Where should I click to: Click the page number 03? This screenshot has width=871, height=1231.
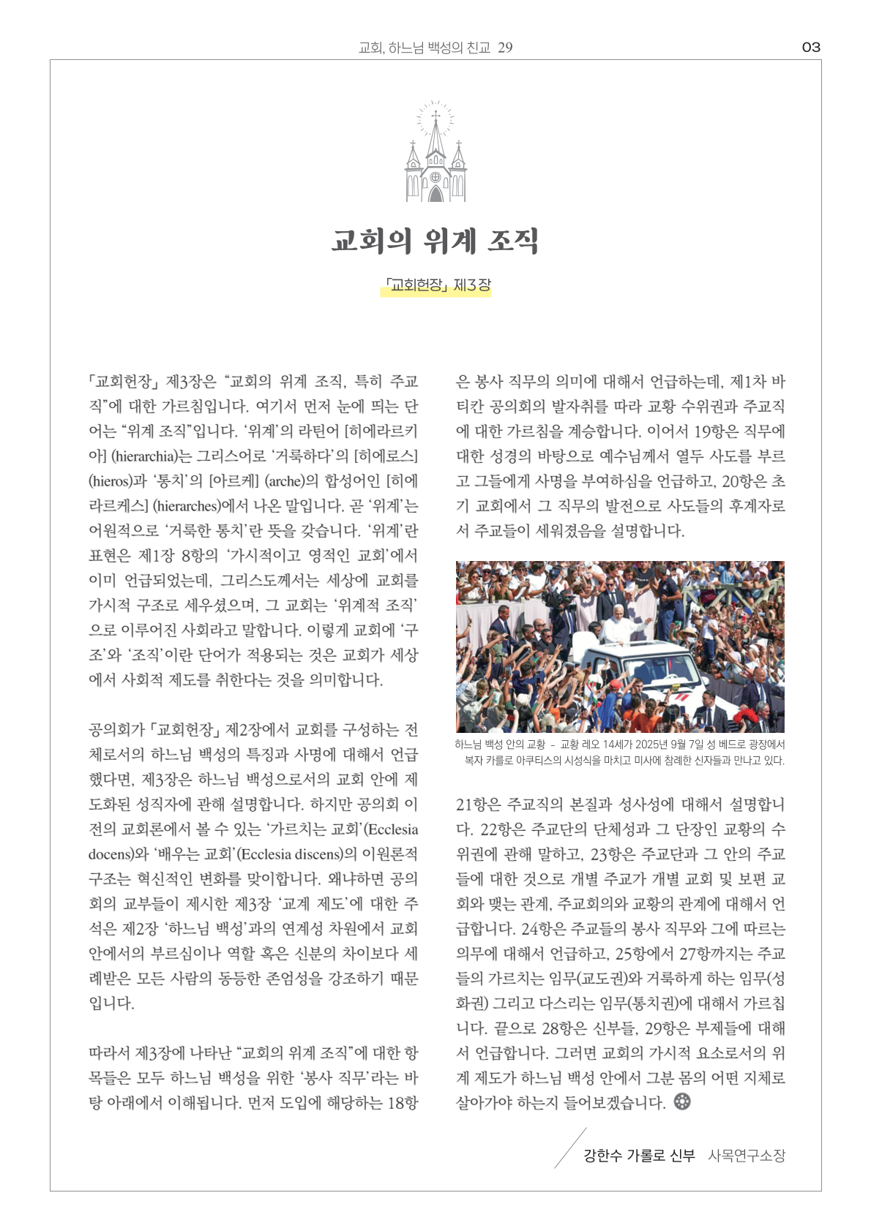[811, 48]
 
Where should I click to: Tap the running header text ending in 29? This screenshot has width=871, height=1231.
[435, 48]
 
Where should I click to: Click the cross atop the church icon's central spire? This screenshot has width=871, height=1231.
[435, 116]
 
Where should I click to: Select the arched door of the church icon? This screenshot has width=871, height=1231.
[435, 194]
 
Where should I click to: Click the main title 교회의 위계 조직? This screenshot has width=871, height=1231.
[435, 241]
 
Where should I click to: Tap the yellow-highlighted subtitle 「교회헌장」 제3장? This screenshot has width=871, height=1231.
[435, 285]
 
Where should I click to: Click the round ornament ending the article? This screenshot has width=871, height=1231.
[682, 1101]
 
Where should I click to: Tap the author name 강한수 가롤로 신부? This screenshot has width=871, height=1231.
[639, 1156]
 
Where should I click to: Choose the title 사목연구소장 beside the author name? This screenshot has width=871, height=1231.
[747, 1156]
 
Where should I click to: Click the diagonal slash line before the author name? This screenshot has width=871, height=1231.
[570, 1148]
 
